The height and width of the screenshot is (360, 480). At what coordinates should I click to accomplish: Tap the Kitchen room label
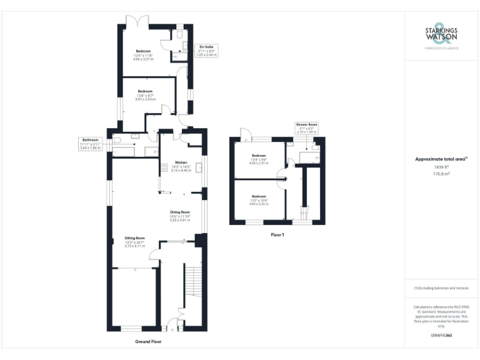(x=181, y=161)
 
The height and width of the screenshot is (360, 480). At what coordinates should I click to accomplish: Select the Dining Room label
(x=180, y=211)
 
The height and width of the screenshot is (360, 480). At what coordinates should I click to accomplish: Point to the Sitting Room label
(x=135, y=238)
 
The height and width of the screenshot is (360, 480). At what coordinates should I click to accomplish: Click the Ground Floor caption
(x=149, y=342)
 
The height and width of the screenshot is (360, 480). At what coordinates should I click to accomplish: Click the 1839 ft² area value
(x=441, y=167)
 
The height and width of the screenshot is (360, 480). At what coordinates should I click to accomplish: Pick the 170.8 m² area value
(x=441, y=174)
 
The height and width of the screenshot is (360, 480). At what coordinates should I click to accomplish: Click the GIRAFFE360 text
(x=441, y=336)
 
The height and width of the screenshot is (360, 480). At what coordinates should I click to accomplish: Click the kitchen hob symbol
(x=165, y=167)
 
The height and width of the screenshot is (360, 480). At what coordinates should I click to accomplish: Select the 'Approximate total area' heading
(x=441, y=159)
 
